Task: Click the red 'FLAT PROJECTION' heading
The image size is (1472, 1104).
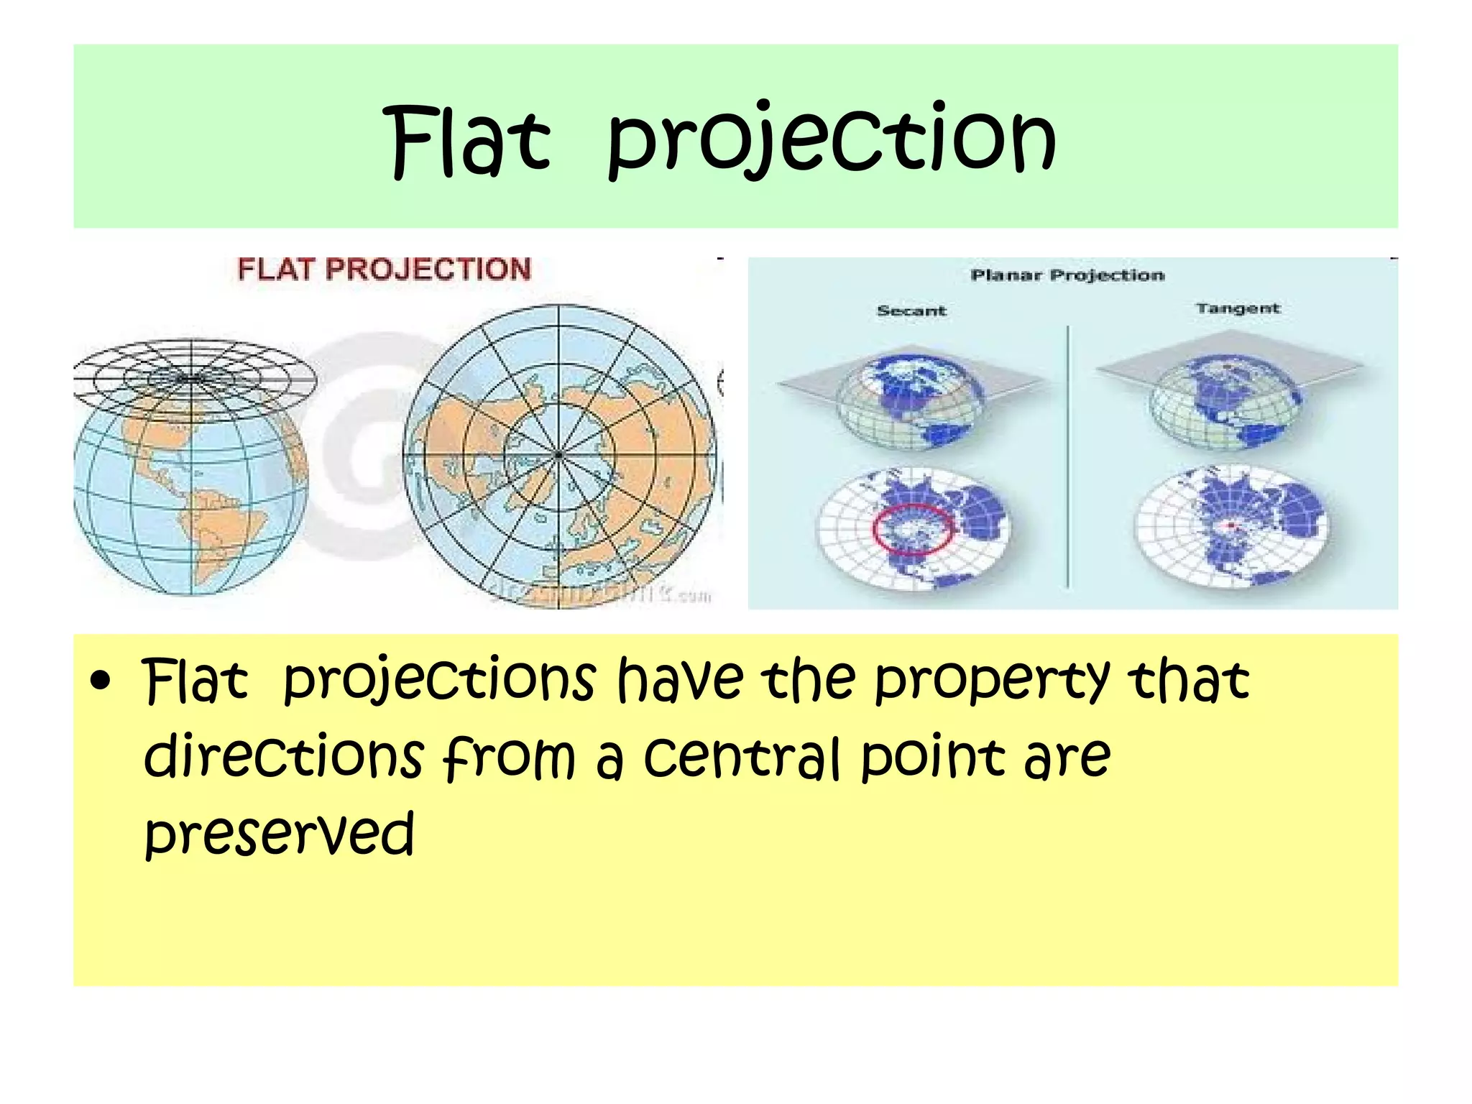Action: tap(384, 270)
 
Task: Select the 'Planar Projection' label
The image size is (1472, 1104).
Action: tap(1067, 275)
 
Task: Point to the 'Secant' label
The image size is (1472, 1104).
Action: tap(911, 310)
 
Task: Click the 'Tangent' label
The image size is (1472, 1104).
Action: tap(1238, 308)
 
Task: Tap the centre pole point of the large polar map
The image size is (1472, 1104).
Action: tap(558, 455)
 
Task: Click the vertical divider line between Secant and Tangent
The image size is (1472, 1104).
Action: tap(1067, 460)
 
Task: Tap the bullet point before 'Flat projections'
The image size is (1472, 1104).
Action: tap(101, 681)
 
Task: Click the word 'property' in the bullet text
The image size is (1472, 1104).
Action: tap(991, 681)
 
